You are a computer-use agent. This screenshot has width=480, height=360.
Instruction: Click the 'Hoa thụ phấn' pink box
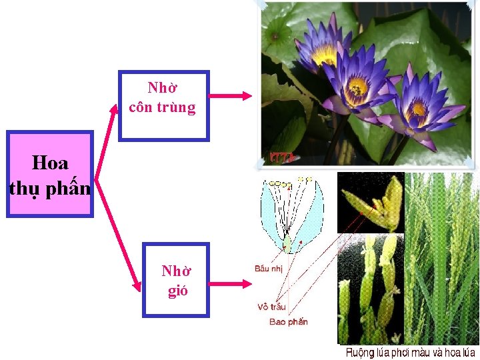[50, 175]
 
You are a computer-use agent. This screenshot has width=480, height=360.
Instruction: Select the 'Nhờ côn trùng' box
[163, 105]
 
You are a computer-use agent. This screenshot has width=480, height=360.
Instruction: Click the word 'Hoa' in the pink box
[50, 162]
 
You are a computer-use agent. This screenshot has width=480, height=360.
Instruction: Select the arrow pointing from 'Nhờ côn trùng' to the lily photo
[231, 96]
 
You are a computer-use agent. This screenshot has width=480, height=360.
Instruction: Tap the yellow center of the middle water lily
[358, 86]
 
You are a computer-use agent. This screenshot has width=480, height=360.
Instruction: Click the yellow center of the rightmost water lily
[419, 108]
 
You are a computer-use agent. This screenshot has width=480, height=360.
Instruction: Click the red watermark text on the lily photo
[281, 158]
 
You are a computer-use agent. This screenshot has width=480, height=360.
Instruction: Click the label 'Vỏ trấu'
[272, 307]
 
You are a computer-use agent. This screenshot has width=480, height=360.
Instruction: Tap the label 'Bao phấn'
[289, 322]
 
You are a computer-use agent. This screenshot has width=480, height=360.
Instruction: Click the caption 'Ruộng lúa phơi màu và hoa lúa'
[411, 352]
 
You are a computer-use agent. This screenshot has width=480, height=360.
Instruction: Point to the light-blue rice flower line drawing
[291, 213]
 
